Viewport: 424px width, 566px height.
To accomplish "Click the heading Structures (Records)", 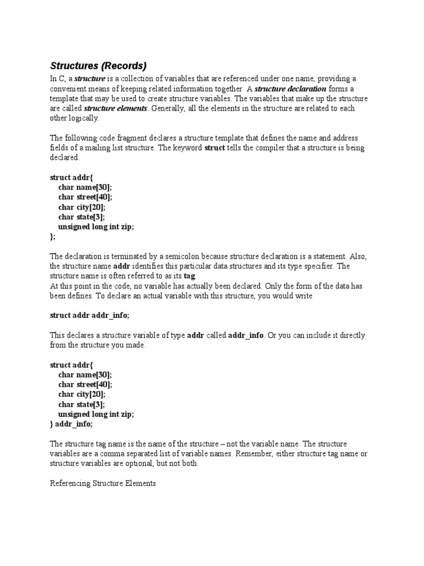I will (99, 66).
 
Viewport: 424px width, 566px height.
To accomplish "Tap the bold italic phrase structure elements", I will (115, 108).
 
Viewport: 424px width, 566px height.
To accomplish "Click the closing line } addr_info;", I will (71, 424).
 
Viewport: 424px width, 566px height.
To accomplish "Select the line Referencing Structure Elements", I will (103, 484).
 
